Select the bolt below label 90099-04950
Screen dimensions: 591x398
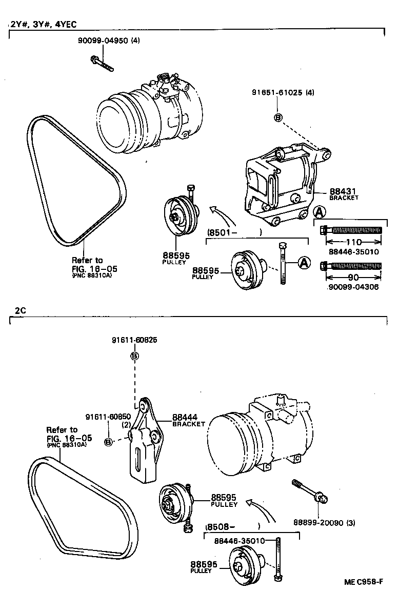(103, 65)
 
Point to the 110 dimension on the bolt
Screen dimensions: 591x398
(352, 242)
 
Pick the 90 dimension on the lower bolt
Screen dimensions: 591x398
(352, 277)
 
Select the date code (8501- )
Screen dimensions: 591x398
(234, 232)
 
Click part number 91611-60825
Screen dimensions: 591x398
(134, 340)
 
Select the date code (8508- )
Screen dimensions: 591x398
(233, 526)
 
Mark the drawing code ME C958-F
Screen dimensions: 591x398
(364, 582)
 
